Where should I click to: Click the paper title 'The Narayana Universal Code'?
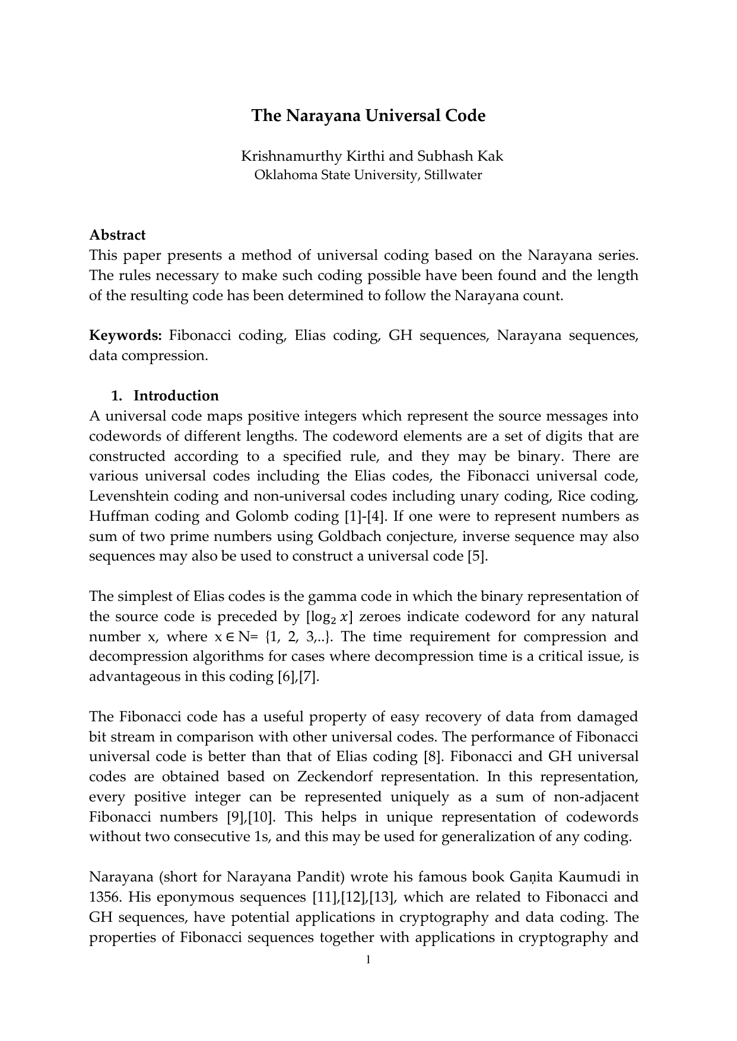point(368,115)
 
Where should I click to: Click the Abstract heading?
point(117,235)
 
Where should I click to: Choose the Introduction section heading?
point(176,396)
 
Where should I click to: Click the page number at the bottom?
point(368,960)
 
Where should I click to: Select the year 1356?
point(104,897)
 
